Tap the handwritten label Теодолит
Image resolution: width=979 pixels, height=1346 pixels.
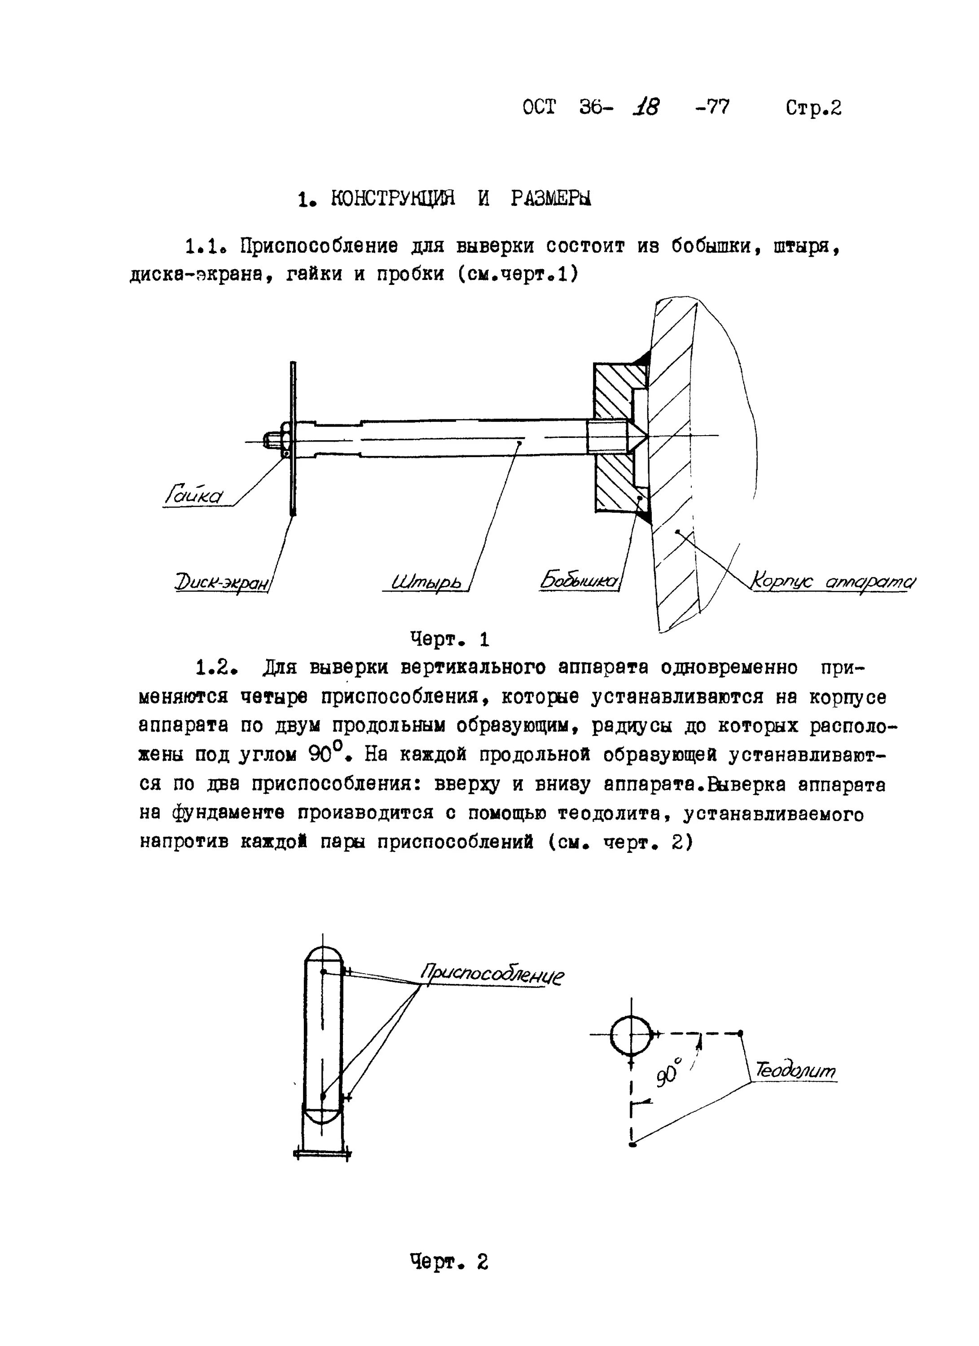795,1071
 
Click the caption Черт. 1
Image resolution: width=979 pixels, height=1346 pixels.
449,639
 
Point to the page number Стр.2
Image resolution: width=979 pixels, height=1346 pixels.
813,108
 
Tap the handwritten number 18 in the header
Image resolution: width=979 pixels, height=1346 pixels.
645,107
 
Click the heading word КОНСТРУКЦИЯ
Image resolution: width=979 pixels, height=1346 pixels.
392,198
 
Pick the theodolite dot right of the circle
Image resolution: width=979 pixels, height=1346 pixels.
740,1033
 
